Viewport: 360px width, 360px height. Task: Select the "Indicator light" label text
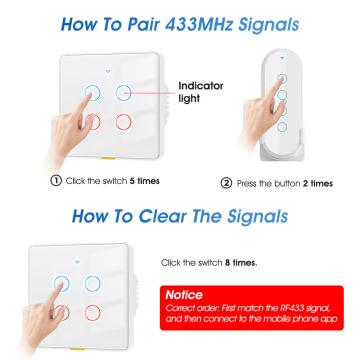point(201,92)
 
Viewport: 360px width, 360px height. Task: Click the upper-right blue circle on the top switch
point(123,93)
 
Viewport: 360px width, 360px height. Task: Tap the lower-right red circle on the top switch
point(123,122)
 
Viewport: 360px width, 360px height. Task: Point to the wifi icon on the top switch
point(108,71)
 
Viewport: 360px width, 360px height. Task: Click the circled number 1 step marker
point(56,181)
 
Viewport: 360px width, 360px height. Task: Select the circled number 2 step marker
point(226,183)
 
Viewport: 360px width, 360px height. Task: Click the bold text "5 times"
point(144,181)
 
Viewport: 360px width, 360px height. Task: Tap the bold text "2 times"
point(318,183)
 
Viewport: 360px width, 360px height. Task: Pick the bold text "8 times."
point(241,263)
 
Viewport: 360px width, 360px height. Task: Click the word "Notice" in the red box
point(184,295)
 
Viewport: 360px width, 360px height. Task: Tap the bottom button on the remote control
point(282,127)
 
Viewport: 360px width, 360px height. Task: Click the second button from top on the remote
point(282,95)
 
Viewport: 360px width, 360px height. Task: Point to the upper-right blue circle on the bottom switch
point(92,284)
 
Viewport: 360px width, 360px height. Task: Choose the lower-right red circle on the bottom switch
point(92,313)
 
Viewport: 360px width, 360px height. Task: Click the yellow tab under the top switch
point(108,157)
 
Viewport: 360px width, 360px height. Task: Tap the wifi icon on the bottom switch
point(77,261)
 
